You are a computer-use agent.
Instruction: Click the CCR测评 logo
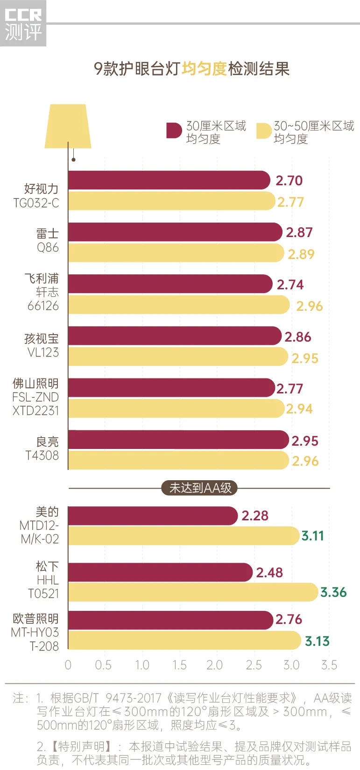tap(23, 24)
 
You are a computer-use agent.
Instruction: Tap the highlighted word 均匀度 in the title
tap(204, 69)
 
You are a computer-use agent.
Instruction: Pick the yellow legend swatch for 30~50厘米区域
tap(263, 131)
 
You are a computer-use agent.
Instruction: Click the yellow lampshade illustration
tap(68, 126)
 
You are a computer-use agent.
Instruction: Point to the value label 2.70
tap(289, 181)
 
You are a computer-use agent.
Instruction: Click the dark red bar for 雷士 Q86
tap(175, 232)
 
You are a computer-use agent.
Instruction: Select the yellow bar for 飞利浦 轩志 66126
tap(179, 305)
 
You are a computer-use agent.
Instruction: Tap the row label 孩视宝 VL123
tap(42, 345)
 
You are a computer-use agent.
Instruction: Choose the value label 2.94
tap(299, 409)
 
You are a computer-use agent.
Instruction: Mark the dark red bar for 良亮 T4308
tap(178, 440)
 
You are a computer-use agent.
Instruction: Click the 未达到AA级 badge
tap(200, 488)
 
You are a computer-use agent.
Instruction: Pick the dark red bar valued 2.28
tap(153, 516)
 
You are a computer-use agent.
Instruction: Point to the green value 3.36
tap(333, 592)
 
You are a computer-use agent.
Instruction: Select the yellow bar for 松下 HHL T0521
tap(193, 592)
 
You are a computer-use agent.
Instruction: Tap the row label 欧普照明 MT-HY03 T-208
tap(36, 632)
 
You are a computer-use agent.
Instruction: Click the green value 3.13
tap(317, 641)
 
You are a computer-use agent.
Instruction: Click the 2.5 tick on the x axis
tap(254, 665)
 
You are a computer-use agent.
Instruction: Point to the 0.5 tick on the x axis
tap(103, 665)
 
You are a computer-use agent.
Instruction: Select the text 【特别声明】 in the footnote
tap(80, 747)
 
